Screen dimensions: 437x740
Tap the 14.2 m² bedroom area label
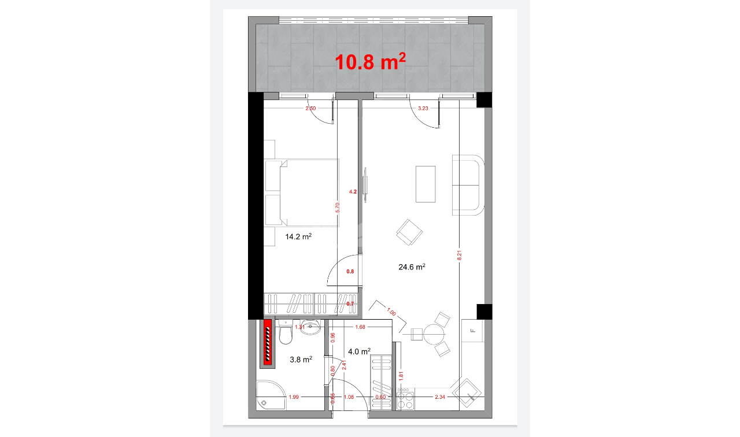(x=299, y=236)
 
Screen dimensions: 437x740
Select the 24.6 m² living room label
(x=412, y=267)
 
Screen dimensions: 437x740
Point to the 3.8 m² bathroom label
(x=301, y=360)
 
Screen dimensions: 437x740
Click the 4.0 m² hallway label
(x=358, y=351)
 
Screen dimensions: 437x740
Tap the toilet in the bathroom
(x=286, y=334)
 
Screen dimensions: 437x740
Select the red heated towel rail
(x=268, y=343)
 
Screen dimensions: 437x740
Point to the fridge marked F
(x=472, y=331)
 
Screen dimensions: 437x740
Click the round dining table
(x=434, y=334)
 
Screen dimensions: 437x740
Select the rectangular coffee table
(x=425, y=184)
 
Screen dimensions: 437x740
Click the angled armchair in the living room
(x=409, y=232)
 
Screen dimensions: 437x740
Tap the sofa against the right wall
(x=467, y=185)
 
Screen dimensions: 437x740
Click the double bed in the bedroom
(x=302, y=192)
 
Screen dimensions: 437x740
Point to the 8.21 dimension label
(x=460, y=254)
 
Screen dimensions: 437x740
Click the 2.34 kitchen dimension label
(x=441, y=397)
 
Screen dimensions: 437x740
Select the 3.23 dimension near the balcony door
(x=423, y=108)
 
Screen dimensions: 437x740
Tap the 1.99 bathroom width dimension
(x=294, y=397)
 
